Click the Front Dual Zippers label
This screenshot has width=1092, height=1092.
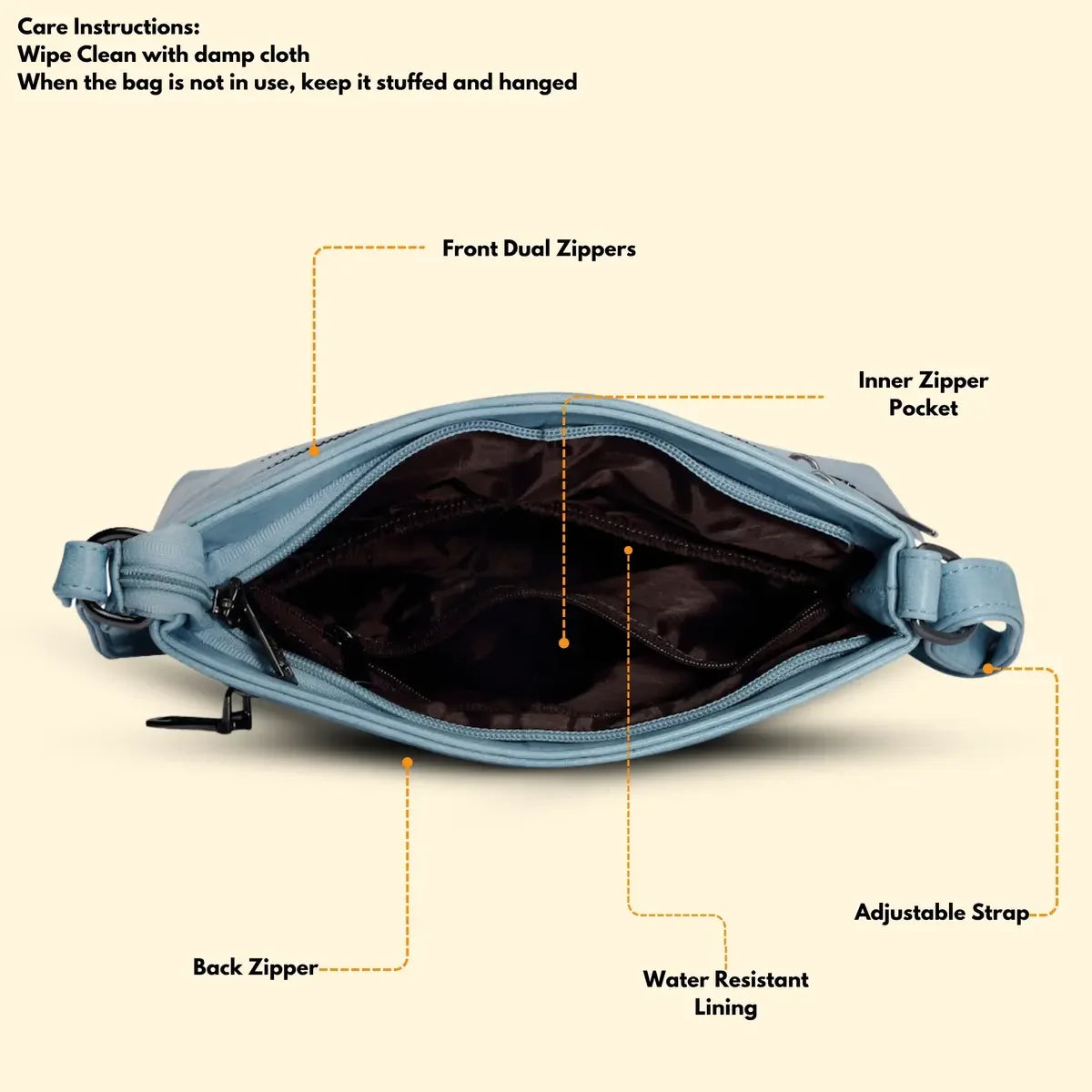[x=539, y=248]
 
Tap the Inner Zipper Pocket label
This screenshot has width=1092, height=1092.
[x=923, y=393]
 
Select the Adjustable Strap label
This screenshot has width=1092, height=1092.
[x=941, y=912]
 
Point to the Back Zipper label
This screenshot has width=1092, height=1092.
[x=255, y=966]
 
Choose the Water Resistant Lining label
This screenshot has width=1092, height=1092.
[x=725, y=993]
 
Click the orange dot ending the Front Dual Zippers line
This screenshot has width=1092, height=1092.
[x=314, y=450]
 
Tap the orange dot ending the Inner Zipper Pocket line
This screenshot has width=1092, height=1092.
[x=564, y=642]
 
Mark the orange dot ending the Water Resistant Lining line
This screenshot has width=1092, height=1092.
[x=628, y=550]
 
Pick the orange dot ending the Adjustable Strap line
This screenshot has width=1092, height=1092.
[x=989, y=669]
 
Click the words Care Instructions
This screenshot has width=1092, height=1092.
[x=108, y=26]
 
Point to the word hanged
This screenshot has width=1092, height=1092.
[x=538, y=83]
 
